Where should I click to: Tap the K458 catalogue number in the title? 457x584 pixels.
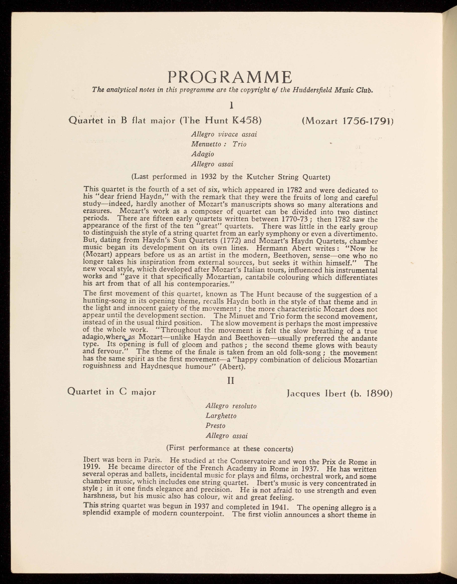(x=245, y=120)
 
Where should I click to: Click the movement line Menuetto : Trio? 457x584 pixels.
(x=218, y=144)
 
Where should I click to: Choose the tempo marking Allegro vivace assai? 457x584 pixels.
(x=224, y=134)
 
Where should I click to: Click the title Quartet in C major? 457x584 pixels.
(x=112, y=392)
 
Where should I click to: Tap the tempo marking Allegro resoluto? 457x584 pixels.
(x=231, y=406)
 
